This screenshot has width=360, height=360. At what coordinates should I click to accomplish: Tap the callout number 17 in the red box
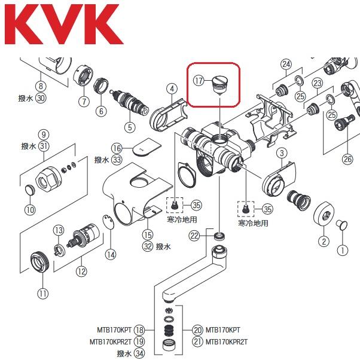point(200,78)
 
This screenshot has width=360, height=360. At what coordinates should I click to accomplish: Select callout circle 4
point(172,89)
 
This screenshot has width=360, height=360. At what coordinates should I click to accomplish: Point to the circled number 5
point(129,126)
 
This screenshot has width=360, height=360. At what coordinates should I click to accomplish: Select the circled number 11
point(42,293)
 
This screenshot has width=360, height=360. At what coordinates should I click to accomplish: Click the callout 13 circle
point(59,230)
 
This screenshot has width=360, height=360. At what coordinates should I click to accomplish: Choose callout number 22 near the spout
point(194,236)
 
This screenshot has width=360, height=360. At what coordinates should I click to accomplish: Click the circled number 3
point(281,154)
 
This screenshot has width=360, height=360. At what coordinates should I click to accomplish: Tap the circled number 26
point(348,159)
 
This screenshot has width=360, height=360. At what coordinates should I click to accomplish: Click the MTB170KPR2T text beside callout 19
point(109,341)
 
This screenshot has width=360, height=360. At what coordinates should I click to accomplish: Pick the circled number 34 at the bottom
point(139,353)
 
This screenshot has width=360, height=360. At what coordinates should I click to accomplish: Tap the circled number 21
point(197,341)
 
